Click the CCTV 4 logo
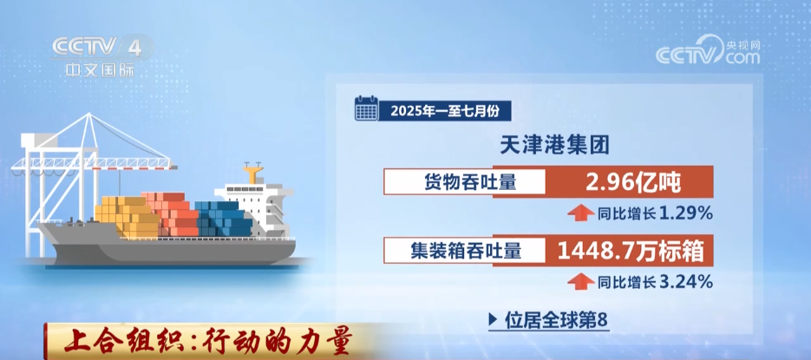click(x=101, y=56)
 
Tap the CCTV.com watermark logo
click(x=708, y=50)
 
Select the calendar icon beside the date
click(x=366, y=108)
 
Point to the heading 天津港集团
click(x=555, y=146)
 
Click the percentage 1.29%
click(x=686, y=213)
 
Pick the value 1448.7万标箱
click(x=631, y=251)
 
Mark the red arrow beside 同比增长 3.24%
click(x=581, y=282)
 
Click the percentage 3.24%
click(x=686, y=282)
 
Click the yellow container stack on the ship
click(x=126, y=217)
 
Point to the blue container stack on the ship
click(x=224, y=219)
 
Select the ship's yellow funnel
click(x=253, y=173)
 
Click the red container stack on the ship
click(x=170, y=213)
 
